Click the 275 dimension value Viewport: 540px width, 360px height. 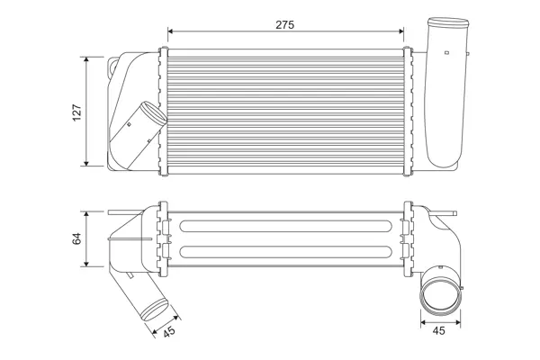[x=284, y=25]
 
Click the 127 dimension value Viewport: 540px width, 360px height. [x=76, y=112]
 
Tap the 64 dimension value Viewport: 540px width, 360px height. [x=76, y=238]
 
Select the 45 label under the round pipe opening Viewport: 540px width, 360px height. [x=438, y=330]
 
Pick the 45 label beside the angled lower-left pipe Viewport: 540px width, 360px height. [x=169, y=331]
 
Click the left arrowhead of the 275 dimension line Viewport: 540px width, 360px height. [x=170, y=31]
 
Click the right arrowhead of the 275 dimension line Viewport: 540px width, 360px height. [x=401, y=31]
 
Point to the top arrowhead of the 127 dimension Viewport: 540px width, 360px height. [x=86, y=59]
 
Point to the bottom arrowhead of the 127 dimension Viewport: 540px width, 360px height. [x=86, y=163]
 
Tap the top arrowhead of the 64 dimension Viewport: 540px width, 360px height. [x=86, y=214]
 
